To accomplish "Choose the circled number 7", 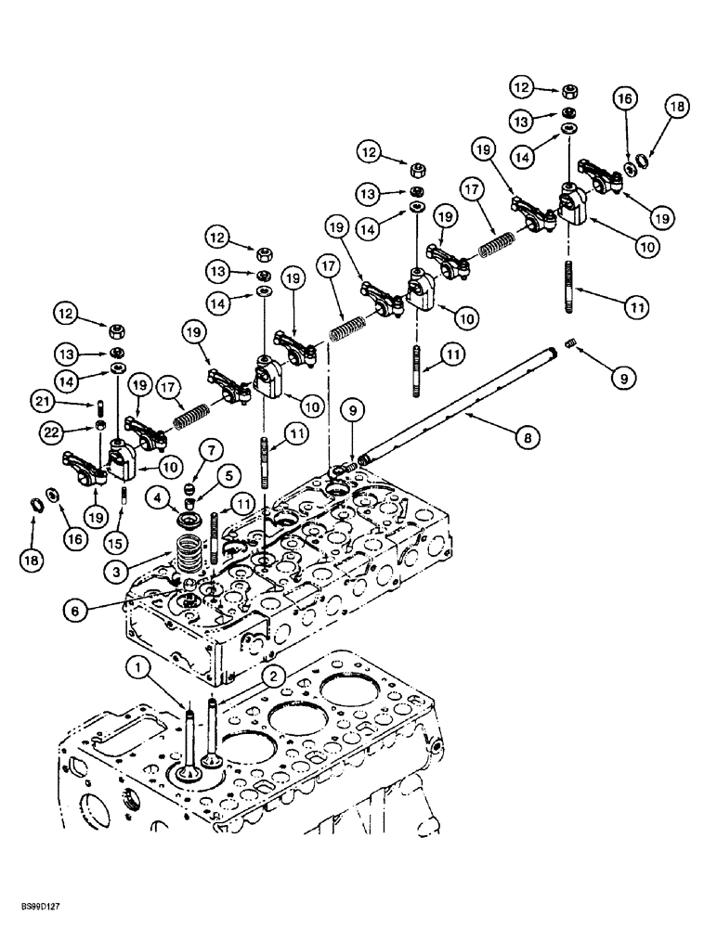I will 211,450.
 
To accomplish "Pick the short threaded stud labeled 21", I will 98,406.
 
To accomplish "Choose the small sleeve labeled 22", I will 98,427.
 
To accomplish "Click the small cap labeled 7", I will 189,485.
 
